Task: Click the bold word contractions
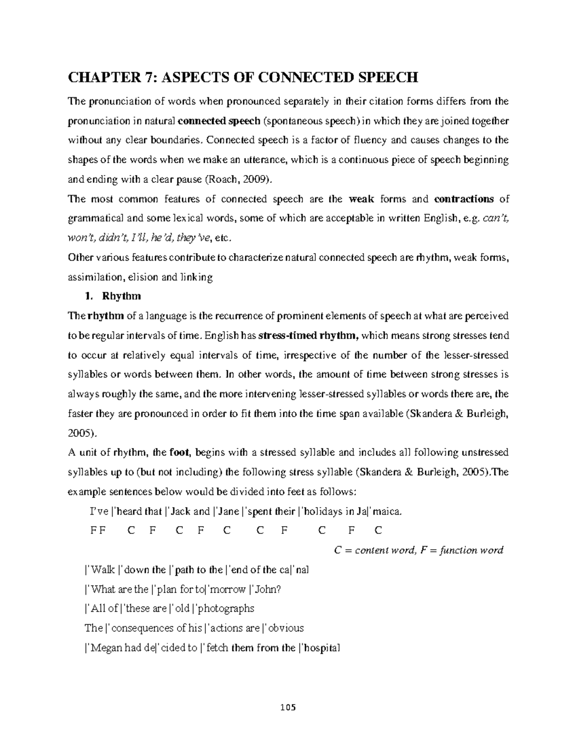(464, 199)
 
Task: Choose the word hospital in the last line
(321, 648)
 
